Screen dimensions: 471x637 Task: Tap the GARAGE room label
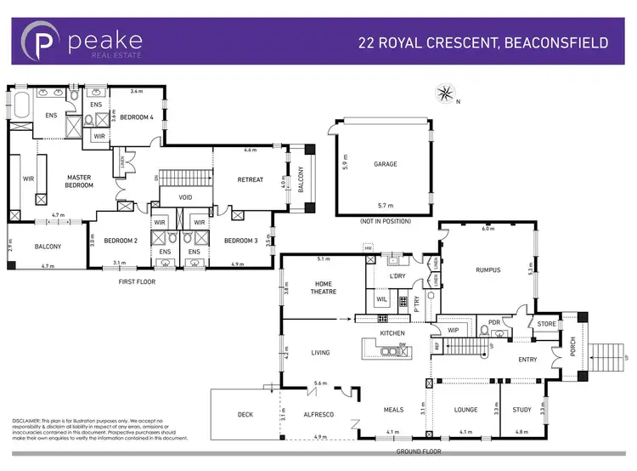point(386,164)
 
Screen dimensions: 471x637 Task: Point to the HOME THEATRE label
point(324,287)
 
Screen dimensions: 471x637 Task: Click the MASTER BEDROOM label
point(79,181)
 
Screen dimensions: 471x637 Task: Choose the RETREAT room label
point(251,179)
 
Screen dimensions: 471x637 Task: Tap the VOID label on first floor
point(186,198)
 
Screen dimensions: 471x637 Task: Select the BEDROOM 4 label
point(136,117)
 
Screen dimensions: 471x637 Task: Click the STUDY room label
point(522,410)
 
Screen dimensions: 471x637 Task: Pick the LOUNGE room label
point(465,410)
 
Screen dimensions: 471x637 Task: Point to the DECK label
point(245,415)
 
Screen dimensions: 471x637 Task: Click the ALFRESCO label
point(319,415)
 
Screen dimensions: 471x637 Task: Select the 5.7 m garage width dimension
point(385,207)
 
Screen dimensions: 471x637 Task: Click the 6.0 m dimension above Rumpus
point(488,229)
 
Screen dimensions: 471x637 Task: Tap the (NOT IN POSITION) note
point(386,220)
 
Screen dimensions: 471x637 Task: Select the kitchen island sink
point(392,349)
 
